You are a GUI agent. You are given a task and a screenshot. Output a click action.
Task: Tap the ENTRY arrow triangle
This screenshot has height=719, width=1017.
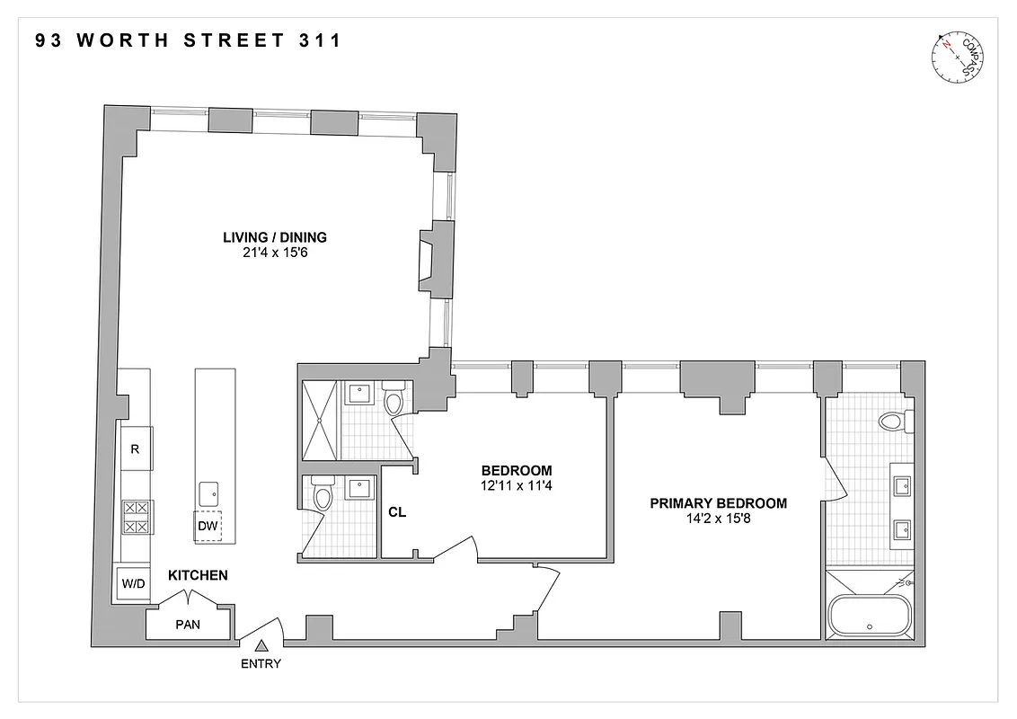(x=262, y=645)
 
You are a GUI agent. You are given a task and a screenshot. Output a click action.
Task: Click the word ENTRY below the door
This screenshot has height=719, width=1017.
(x=261, y=664)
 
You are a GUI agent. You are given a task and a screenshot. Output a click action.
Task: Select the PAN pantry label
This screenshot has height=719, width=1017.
(x=189, y=623)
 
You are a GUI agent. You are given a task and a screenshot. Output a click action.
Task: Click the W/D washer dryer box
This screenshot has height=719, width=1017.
(x=135, y=583)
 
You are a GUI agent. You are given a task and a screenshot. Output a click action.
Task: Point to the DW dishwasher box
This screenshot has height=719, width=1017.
(x=208, y=527)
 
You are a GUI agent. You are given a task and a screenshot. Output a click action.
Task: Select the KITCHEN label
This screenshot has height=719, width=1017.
(x=198, y=575)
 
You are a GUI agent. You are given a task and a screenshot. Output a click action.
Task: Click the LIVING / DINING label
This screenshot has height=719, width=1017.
(x=275, y=237)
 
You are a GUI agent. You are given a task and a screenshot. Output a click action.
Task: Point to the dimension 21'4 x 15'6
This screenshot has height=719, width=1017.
(x=275, y=253)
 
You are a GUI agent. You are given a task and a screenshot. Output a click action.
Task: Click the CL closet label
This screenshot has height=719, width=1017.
(x=397, y=513)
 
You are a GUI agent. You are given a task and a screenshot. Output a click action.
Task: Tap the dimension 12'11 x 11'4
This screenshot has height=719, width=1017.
(x=517, y=485)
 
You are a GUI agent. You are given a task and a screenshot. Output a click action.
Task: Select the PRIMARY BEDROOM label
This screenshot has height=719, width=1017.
(x=718, y=503)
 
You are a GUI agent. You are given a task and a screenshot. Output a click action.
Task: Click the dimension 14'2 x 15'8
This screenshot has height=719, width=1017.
(x=718, y=519)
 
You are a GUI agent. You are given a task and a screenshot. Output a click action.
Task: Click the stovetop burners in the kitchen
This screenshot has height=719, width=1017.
(x=136, y=517)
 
